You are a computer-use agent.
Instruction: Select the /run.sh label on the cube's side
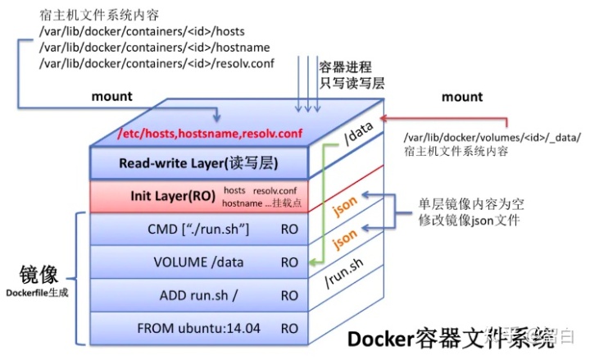pos(345,276)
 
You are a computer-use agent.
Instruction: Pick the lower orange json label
pos(346,239)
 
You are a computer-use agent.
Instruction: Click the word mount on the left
pos(111,97)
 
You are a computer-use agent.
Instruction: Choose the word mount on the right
pos(462,97)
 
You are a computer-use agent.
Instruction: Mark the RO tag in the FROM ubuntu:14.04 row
pos(289,328)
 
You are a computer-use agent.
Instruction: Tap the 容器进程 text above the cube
pos(344,68)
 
